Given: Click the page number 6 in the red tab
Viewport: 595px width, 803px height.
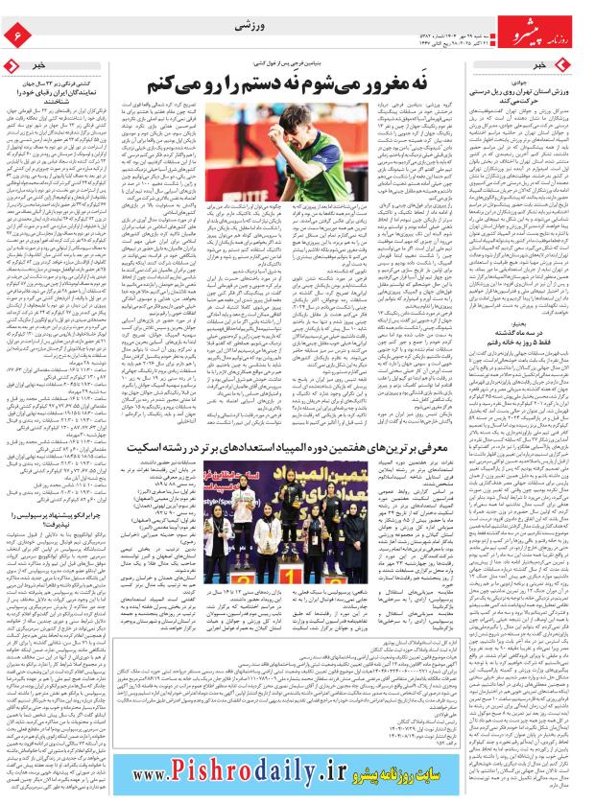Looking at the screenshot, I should point(16,35).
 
